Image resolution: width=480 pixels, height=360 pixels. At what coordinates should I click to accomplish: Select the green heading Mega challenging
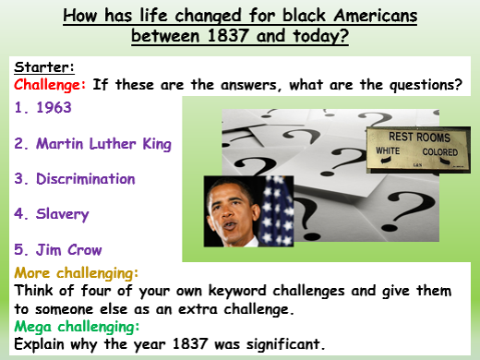tap(77, 323)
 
